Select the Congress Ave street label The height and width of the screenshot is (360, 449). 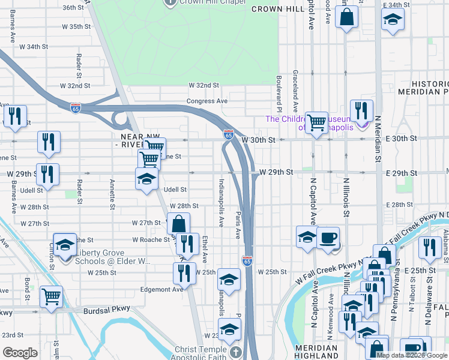(x=207, y=101)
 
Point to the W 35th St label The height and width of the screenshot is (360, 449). (x=79, y=27)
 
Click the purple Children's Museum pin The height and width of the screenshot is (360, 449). (x=363, y=124)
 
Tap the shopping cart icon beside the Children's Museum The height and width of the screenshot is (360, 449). (x=316, y=123)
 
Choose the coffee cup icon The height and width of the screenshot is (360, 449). (x=328, y=238)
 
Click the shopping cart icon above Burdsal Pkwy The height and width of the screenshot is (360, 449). (x=51, y=296)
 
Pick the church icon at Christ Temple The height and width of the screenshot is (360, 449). (x=235, y=352)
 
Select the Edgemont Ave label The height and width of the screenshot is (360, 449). (x=161, y=289)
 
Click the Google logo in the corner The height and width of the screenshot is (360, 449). (x=20, y=353)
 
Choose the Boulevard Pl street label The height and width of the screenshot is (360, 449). (x=279, y=95)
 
